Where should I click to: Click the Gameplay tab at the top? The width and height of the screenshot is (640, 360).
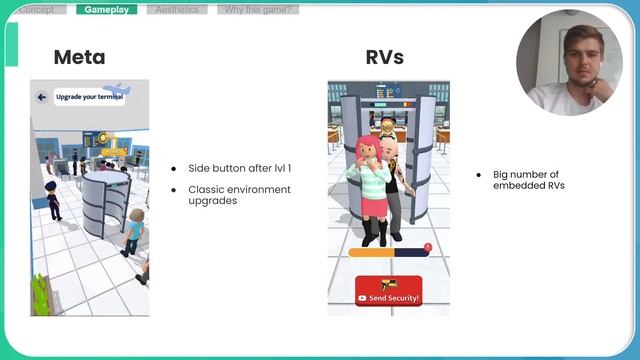(x=106, y=10)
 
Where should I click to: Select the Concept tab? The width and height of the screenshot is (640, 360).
(x=37, y=10)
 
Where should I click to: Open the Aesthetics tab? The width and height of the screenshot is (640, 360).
(x=177, y=10)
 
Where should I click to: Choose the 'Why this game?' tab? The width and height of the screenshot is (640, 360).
(x=258, y=10)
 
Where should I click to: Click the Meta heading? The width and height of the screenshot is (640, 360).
(x=79, y=57)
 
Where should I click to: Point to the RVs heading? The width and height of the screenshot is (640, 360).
(x=385, y=57)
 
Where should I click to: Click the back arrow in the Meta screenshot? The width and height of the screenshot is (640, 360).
(x=42, y=97)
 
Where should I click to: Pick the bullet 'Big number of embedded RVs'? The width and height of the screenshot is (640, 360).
(x=526, y=180)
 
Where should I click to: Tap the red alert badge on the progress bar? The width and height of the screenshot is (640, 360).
(x=428, y=247)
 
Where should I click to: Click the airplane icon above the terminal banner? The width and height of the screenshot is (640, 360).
(x=117, y=87)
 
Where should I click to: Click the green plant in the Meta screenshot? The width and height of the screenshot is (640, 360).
(x=40, y=290)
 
